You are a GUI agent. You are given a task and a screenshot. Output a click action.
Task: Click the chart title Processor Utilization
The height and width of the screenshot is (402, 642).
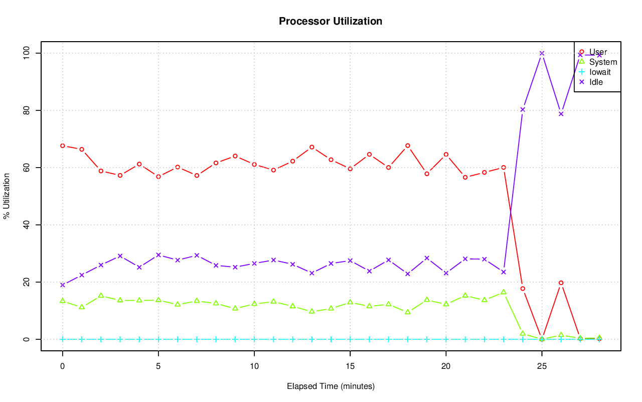331,21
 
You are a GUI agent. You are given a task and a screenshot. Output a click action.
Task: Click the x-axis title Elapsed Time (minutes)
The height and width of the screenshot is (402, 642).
331,386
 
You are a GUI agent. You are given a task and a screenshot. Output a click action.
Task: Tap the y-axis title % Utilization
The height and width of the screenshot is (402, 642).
7,196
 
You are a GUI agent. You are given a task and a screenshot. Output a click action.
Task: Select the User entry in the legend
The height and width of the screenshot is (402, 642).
598,52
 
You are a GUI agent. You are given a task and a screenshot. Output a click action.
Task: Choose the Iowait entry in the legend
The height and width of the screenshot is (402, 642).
600,72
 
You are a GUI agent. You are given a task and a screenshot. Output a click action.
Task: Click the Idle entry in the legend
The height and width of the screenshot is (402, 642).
596,82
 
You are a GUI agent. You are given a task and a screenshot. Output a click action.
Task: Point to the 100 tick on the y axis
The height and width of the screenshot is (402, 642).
28,53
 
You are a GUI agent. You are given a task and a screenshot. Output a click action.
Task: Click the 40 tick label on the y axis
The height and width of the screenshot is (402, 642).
28,225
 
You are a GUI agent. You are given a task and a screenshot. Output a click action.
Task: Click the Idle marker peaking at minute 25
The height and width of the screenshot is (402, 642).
542,53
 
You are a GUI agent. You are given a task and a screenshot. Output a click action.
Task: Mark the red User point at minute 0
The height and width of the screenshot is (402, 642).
63,146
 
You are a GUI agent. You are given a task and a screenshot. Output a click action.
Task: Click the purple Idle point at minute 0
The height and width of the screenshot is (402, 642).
63,285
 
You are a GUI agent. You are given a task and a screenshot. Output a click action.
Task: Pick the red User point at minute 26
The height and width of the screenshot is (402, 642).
561,283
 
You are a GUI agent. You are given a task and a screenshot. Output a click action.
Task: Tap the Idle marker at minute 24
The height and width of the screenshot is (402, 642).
523,109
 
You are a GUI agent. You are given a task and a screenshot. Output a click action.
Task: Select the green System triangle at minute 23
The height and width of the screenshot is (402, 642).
504,292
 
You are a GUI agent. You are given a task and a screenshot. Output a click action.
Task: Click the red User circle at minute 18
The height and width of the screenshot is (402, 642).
408,146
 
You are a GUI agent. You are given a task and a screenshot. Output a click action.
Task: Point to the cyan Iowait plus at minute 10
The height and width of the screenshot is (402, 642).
254,339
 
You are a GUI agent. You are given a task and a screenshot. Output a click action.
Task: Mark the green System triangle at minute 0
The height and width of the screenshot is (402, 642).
63,301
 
